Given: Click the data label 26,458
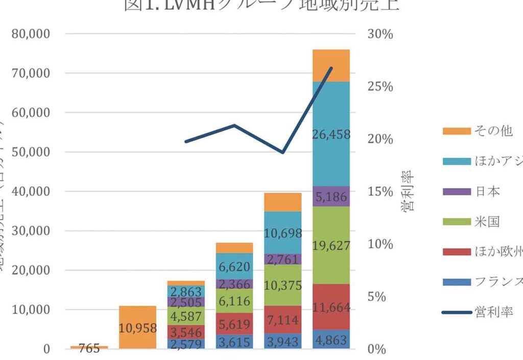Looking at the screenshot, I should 331,135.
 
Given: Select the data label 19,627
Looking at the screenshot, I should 331,246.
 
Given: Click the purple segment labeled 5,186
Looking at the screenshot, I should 331,197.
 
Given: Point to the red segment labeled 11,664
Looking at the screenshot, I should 331,307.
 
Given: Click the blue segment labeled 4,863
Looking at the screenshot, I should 331,340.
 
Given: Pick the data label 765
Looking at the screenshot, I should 89,349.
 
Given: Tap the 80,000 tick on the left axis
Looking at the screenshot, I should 32,34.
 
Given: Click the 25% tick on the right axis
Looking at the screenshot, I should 381,87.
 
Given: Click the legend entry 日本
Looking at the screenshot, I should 486,191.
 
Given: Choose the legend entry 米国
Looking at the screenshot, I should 486,222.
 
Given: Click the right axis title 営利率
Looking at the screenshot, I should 409,191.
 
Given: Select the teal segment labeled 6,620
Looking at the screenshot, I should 234,267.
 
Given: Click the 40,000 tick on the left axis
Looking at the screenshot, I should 32,191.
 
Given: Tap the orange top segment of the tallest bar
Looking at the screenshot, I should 331,65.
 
